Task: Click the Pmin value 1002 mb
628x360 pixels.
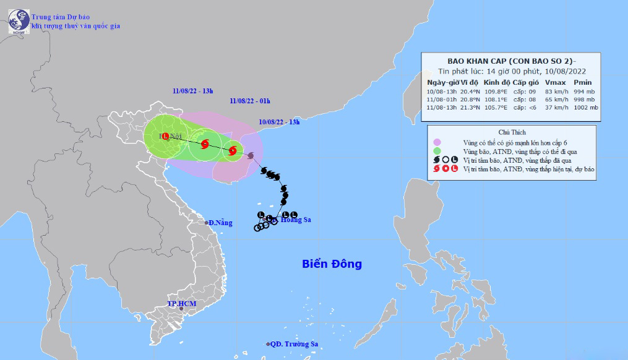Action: (585, 107)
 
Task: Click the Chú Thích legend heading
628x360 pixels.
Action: (511, 132)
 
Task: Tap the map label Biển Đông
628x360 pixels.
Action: (332, 264)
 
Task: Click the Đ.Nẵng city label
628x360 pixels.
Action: (220, 223)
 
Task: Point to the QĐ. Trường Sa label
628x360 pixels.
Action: (295, 344)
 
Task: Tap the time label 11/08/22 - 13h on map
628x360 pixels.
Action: (192, 91)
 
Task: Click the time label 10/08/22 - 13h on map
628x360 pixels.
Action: (280, 122)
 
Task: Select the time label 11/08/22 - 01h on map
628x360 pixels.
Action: (249, 100)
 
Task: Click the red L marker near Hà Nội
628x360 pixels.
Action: (165, 137)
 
